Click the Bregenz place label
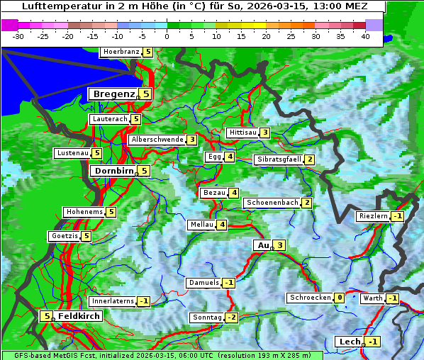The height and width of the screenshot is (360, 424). pos(113,94)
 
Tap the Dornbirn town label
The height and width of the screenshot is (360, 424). pos(113,171)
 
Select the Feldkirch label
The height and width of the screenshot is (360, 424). pos(78,316)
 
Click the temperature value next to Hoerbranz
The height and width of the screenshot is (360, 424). pos(147,52)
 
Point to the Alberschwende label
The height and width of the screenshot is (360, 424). pos(157,140)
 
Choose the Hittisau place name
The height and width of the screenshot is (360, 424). pos(242,133)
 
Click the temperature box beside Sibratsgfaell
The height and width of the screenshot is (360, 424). pos(310,159)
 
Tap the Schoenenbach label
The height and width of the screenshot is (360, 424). pos(272,203)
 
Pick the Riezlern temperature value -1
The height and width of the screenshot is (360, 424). pos(397,216)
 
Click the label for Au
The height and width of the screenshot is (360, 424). pos(263,245)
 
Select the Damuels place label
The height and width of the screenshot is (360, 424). pos(203,283)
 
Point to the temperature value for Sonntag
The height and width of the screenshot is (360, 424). pos(232,317)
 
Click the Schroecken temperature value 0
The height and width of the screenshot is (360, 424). pos(340,298)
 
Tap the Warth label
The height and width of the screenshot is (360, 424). pos(372,298)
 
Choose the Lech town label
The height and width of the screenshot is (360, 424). pos(350,342)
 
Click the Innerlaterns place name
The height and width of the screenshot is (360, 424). pos(113,301)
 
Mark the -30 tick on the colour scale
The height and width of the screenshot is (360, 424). pos(18,35)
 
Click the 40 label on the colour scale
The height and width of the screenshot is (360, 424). pos(365,35)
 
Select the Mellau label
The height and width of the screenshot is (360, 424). pos(201,225)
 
